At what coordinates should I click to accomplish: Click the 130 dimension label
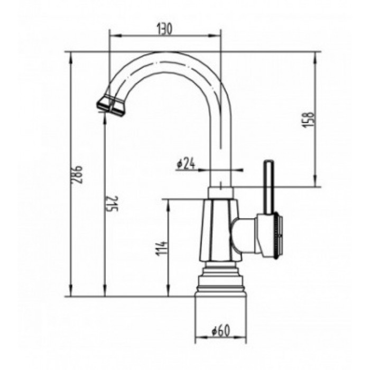(x=164, y=30)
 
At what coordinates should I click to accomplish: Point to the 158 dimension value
(x=310, y=120)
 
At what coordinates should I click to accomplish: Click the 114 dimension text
(x=162, y=247)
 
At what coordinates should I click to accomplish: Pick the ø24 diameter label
(x=186, y=165)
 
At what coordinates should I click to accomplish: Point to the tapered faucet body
(x=218, y=230)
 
